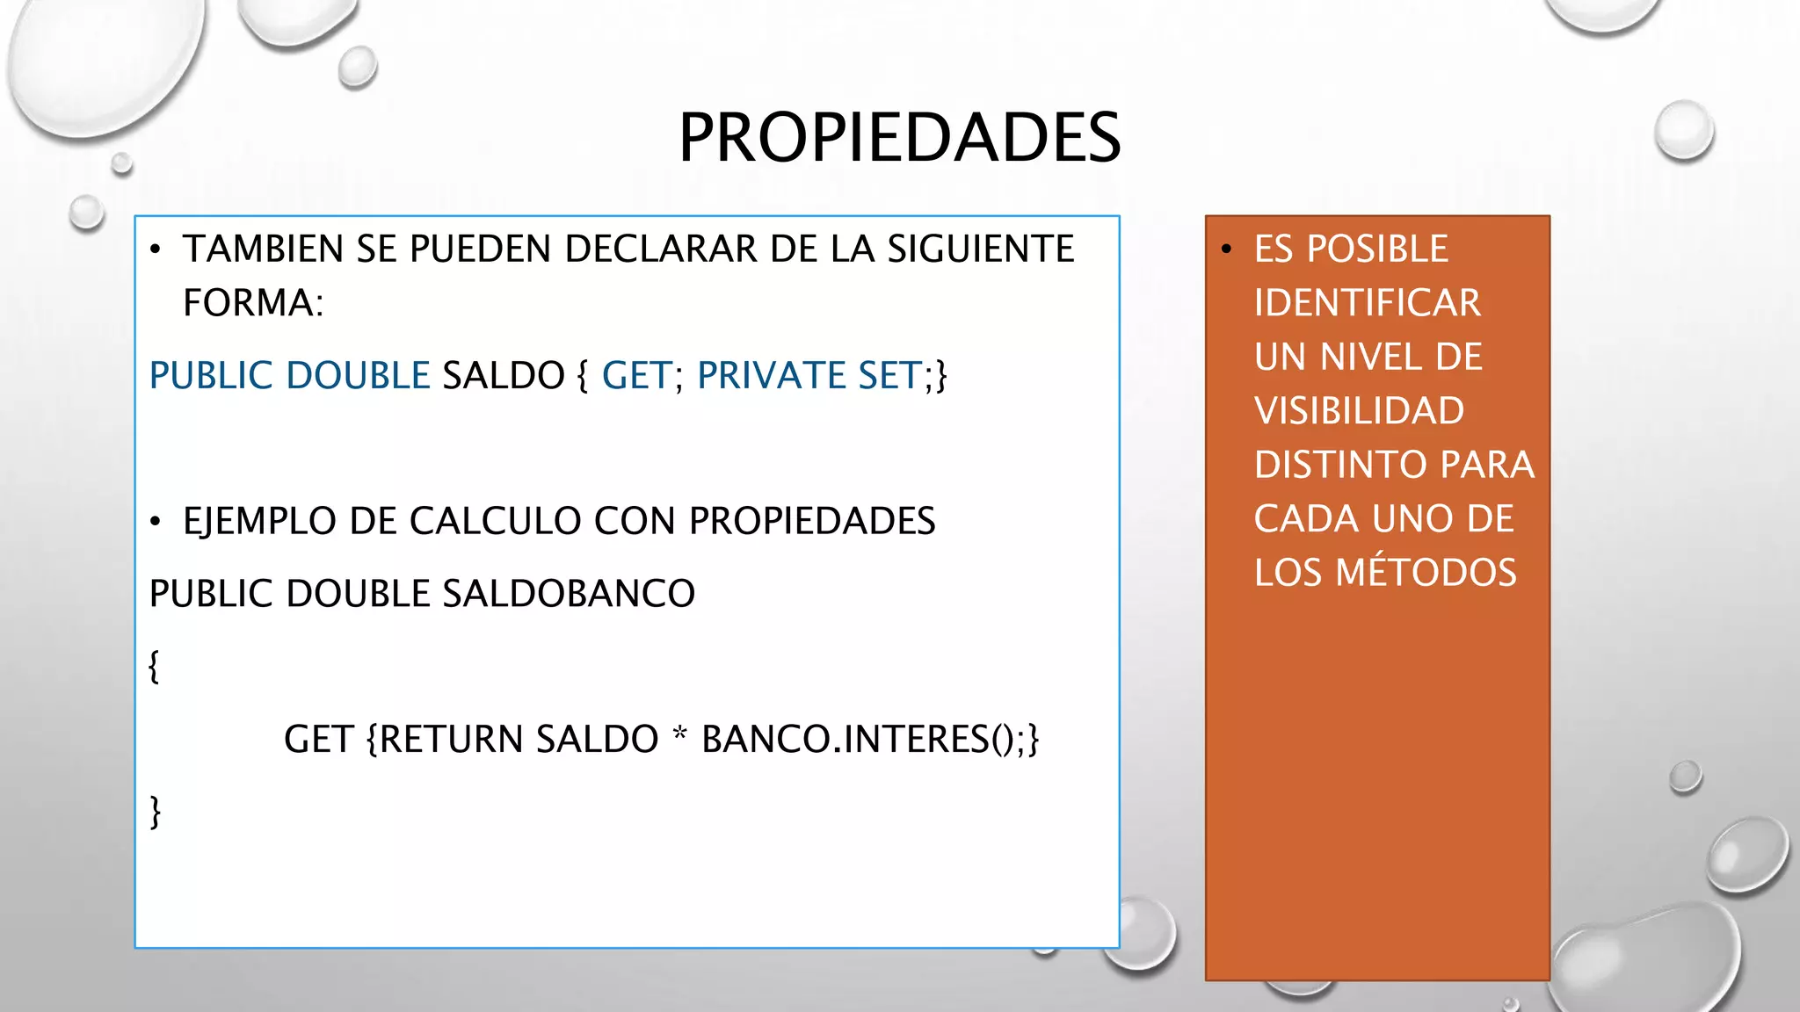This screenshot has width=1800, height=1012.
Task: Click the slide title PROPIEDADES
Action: (899, 138)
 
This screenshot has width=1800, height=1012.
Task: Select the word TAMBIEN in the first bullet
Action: (263, 249)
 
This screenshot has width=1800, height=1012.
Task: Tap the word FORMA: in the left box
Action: (253, 303)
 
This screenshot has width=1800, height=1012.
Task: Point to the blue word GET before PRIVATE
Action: (636, 375)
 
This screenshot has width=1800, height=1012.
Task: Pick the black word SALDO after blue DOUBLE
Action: (504, 375)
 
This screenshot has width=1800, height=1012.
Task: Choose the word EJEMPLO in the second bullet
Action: (259, 521)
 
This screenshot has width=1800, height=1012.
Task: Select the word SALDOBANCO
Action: (568, 594)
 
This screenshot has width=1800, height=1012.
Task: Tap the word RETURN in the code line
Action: (452, 739)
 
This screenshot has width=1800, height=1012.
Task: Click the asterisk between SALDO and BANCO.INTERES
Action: (679, 734)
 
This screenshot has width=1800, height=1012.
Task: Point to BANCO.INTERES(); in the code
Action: (870, 739)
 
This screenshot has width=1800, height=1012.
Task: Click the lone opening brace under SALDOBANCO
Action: (155, 666)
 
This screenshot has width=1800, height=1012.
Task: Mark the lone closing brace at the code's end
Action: (156, 812)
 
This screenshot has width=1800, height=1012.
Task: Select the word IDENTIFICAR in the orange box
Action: (1367, 303)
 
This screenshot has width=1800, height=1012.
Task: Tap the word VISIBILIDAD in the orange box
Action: (1359, 411)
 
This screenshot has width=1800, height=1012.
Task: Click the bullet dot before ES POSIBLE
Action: (1227, 249)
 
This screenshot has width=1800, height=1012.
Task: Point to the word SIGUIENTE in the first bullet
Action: (980, 249)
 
